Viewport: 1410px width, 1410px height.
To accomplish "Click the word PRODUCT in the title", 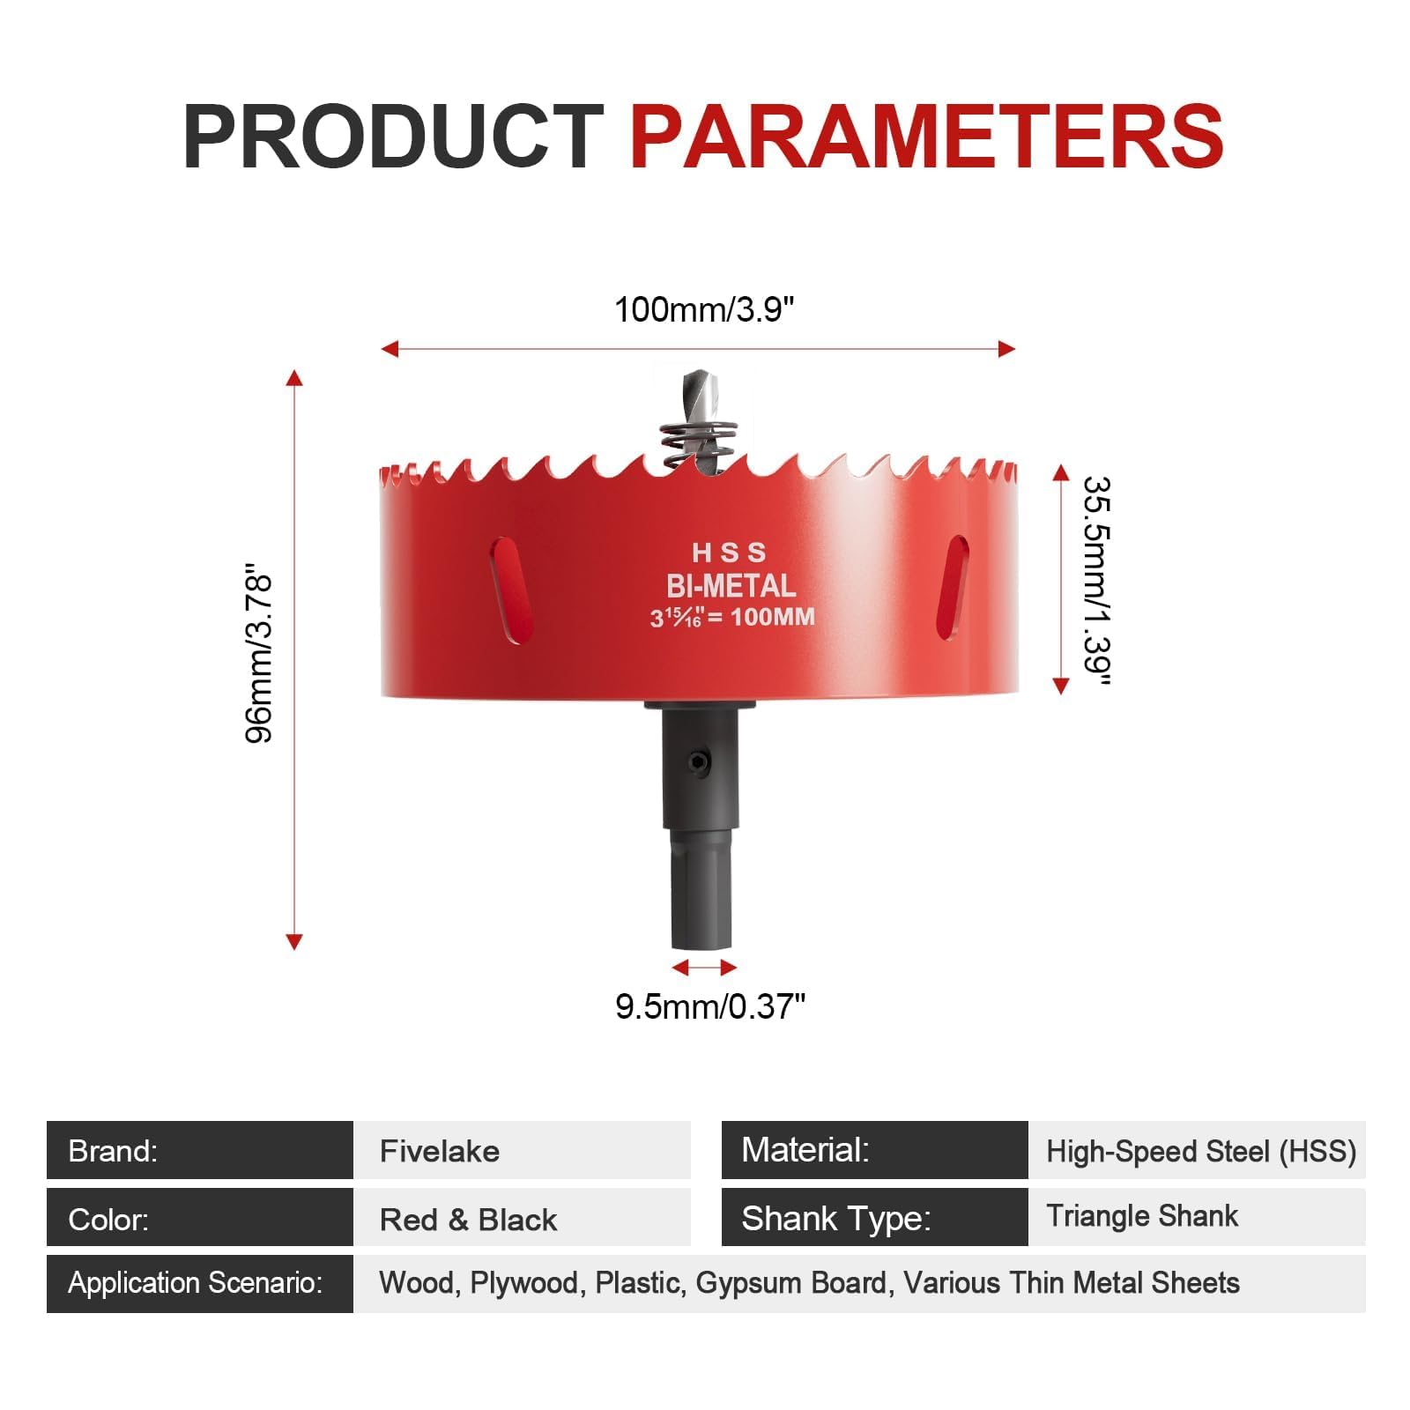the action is (x=393, y=137).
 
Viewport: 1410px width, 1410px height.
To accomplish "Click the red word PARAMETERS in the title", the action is (x=927, y=137).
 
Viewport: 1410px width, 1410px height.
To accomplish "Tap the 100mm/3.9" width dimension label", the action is (x=704, y=310).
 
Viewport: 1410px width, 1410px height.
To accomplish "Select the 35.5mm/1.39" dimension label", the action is (x=1098, y=581).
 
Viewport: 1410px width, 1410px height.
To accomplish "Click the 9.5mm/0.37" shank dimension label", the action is (x=710, y=1006).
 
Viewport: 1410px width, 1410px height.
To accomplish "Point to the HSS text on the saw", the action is (x=729, y=553).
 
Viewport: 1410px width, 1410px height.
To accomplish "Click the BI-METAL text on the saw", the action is (x=731, y=586).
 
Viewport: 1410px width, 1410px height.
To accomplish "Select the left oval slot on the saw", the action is (x=512, y=590).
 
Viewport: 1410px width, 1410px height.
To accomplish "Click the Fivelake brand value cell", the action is (x=522, y=1150).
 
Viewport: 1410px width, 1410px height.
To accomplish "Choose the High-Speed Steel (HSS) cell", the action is (x=1197, y=1150).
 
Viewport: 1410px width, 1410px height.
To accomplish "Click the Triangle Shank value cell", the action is (x=1197, y=1217).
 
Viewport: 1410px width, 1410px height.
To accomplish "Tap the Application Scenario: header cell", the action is (x=200, y=1284).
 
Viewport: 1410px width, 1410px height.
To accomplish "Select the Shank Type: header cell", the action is (x=875, y=1217).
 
